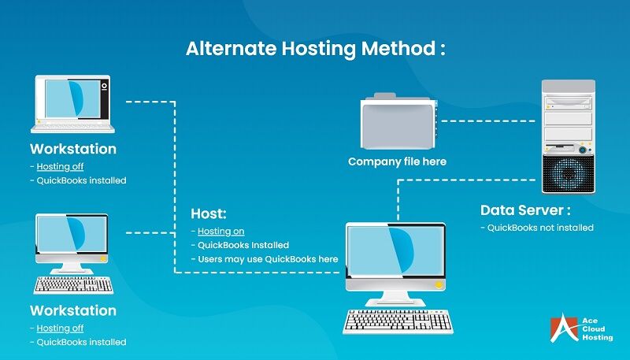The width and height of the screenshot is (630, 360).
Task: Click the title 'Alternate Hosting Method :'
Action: click(315, 48)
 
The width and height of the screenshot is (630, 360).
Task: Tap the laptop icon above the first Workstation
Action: click(72, 103)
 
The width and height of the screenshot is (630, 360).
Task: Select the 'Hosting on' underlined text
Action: click(220, 231)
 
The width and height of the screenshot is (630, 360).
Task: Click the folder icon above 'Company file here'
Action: click(397, 121)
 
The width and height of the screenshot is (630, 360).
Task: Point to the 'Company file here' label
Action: click(397, 161)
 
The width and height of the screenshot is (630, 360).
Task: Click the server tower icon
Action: click(567, 135)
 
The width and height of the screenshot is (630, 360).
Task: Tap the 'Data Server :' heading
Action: click(525, 210)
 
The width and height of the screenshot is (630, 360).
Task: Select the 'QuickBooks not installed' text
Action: click(536, 228)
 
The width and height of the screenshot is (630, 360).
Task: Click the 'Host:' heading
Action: click(209, 213)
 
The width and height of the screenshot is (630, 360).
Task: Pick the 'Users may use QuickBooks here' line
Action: click(268, 259)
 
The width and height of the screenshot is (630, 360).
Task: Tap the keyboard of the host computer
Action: click(398, 320)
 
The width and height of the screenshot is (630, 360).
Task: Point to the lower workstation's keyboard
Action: click(73, 284)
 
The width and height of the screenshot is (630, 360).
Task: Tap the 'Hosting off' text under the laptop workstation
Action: click(60, 166)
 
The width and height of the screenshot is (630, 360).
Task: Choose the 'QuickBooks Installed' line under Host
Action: click(243, 245)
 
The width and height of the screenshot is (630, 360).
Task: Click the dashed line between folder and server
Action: click(491, 121)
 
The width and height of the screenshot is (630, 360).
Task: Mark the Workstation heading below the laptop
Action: click(72, 149)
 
